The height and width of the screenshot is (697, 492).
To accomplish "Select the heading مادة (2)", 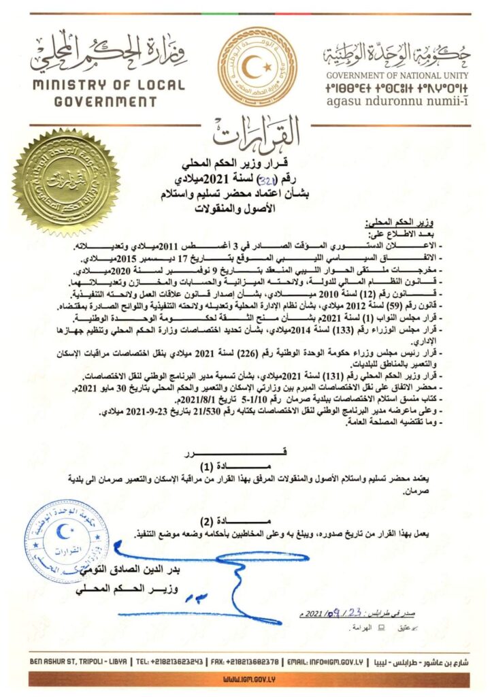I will pyautogui.click(x=246, y=520).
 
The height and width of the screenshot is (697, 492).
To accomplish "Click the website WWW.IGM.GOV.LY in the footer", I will pyautogui.click(x=246, y=679).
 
